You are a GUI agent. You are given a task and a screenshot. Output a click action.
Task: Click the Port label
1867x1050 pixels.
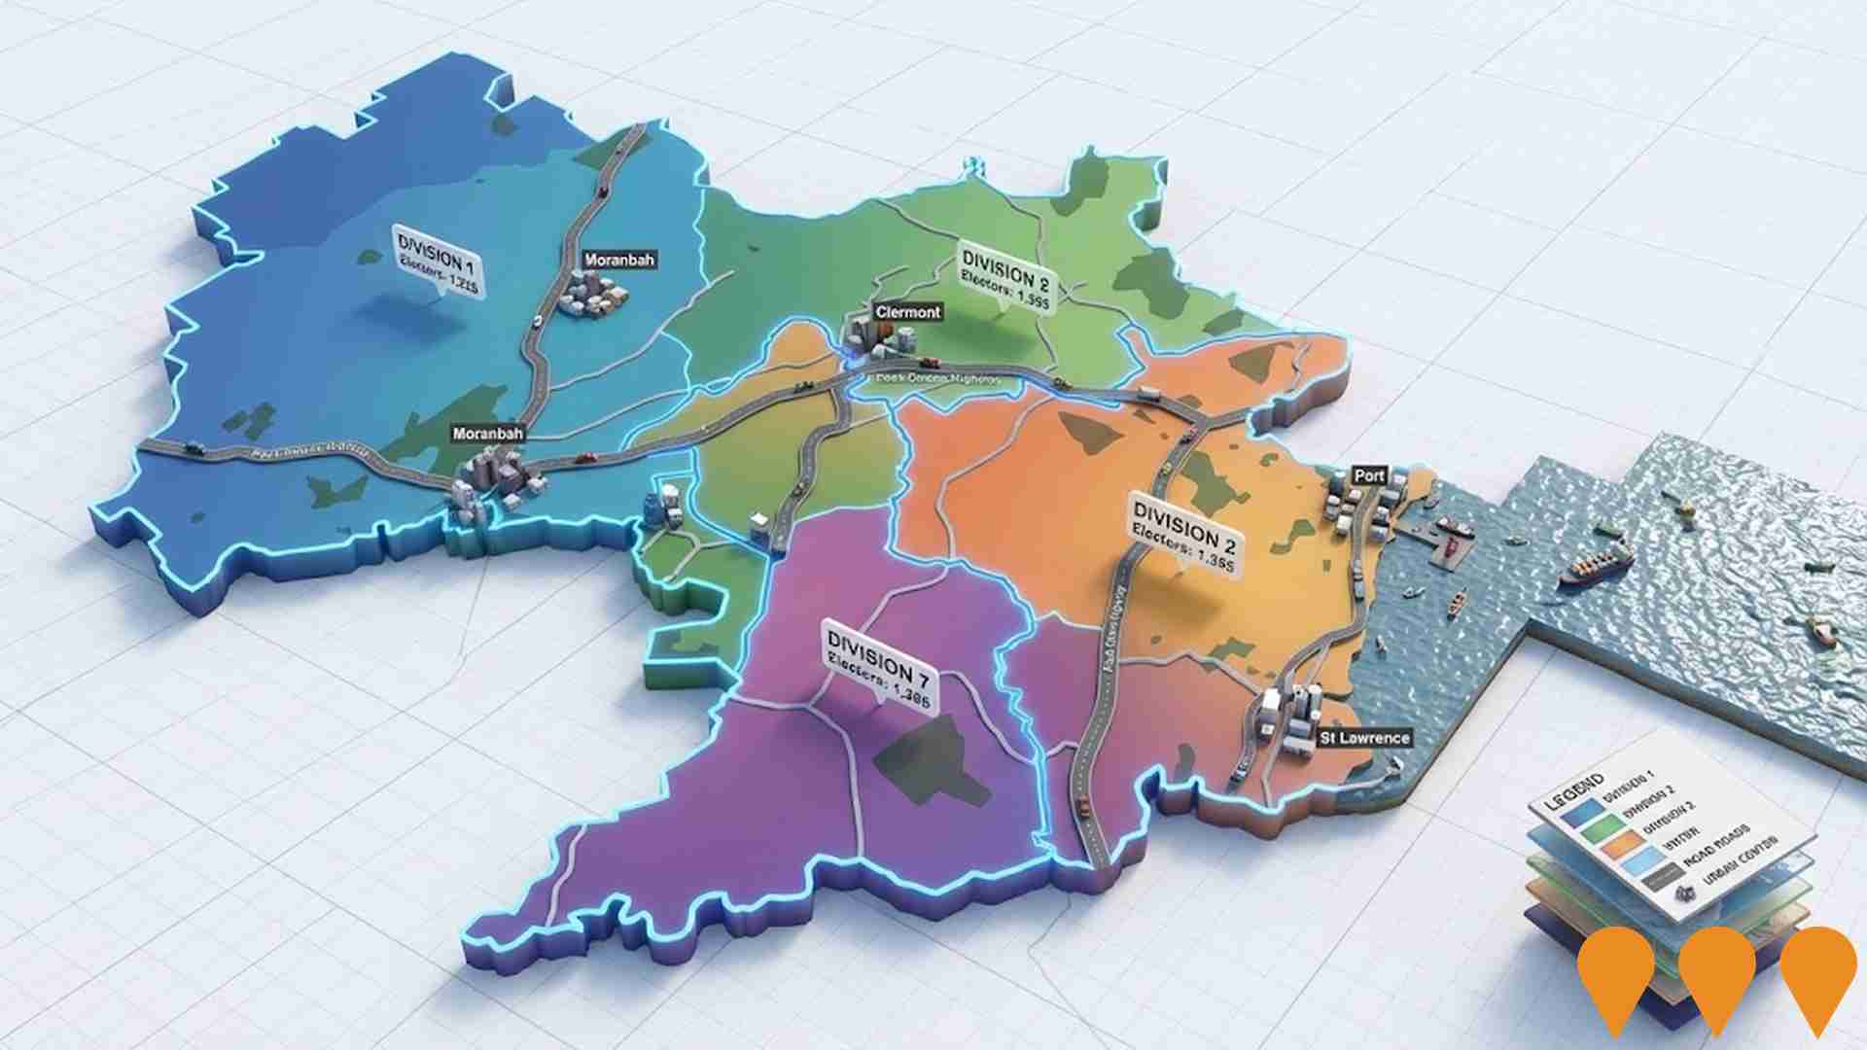(1369, 475)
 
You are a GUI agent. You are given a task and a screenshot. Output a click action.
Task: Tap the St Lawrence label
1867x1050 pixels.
(1363, 738)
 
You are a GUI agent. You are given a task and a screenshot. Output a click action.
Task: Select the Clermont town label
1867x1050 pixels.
(908, 312)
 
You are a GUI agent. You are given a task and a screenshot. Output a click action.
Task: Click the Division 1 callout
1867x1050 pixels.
(437, 262)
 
